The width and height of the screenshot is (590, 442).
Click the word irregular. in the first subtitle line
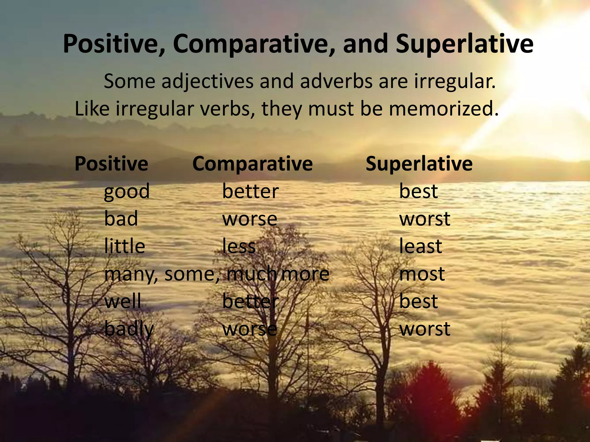[x=455, y=81]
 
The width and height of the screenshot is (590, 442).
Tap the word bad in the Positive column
[x=121, y=219]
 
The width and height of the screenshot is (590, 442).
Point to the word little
[x=124, y=246]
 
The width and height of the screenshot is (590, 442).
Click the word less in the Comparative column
[x=239, y=246]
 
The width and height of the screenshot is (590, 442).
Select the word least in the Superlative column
[x=420, y=246]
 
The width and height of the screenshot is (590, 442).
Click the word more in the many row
[x=305, y=274]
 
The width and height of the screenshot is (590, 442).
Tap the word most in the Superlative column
[x=422, y=274]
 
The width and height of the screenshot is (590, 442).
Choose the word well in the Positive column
[x=123, y=301]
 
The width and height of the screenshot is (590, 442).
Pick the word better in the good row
[x=250, y=191]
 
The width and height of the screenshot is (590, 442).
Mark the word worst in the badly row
[x=425, y=329]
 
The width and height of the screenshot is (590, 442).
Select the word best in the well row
[x=418, y=301]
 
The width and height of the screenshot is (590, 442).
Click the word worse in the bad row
[x=249, y=219]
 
